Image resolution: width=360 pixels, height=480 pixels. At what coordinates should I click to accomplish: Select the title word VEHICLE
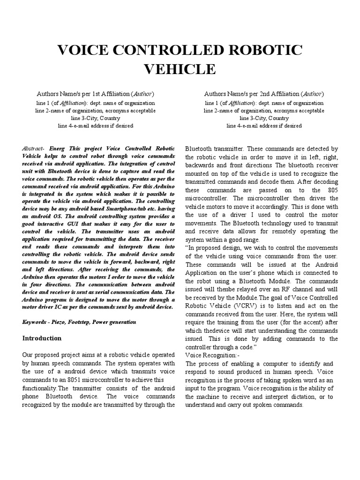click(180, 69)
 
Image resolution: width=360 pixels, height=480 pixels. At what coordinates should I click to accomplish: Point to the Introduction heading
click(42, 338)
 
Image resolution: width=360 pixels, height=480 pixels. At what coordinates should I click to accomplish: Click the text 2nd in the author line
click(259, 94)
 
